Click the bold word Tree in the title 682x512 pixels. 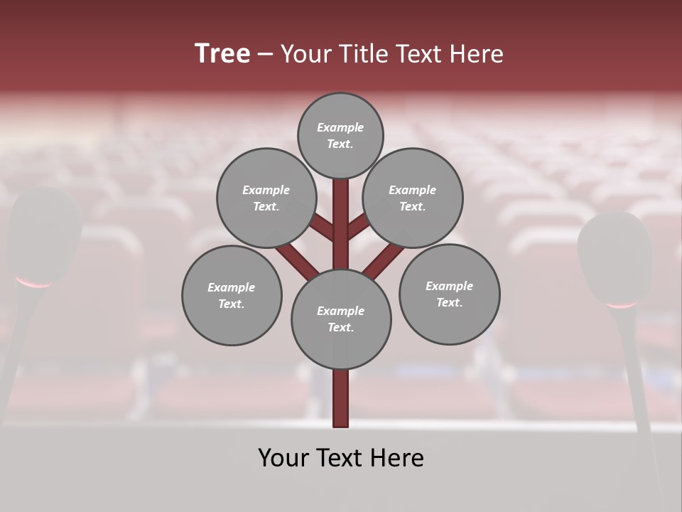222,54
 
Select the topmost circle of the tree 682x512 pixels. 340,135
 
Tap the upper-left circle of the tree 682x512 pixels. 266,198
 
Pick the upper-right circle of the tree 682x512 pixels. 412,198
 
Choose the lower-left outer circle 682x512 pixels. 232,295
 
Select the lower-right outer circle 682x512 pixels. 449,294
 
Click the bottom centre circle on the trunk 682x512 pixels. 340,319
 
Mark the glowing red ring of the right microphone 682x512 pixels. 622,305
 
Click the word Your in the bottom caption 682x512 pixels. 283,458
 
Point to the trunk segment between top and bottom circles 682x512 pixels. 340,224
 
